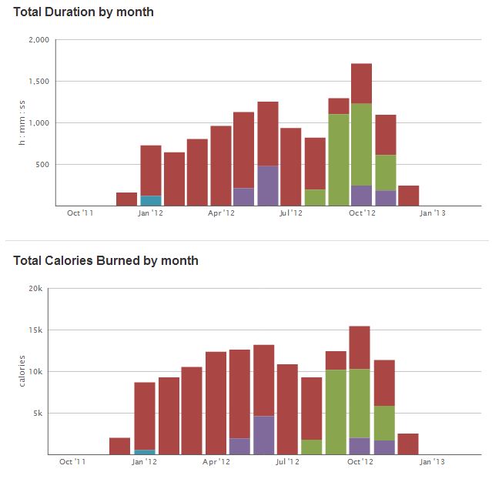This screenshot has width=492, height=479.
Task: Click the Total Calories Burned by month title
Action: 105,260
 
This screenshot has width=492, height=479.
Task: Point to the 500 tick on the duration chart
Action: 42,164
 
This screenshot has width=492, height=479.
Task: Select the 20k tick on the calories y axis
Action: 35,288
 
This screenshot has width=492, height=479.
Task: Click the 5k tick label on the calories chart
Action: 37,413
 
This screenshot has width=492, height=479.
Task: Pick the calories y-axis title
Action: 23,371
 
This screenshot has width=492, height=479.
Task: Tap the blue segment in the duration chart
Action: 151,200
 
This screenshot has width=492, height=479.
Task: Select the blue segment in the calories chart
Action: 145,452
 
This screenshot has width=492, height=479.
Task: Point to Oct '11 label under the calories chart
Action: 72,462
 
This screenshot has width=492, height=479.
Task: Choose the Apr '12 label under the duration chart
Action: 221,213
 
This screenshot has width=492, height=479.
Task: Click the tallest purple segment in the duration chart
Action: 268,186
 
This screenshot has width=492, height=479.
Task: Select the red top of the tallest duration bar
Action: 361,83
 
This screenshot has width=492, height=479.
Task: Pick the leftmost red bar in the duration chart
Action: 126,199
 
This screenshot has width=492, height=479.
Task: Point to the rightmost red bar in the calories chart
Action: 408,444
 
